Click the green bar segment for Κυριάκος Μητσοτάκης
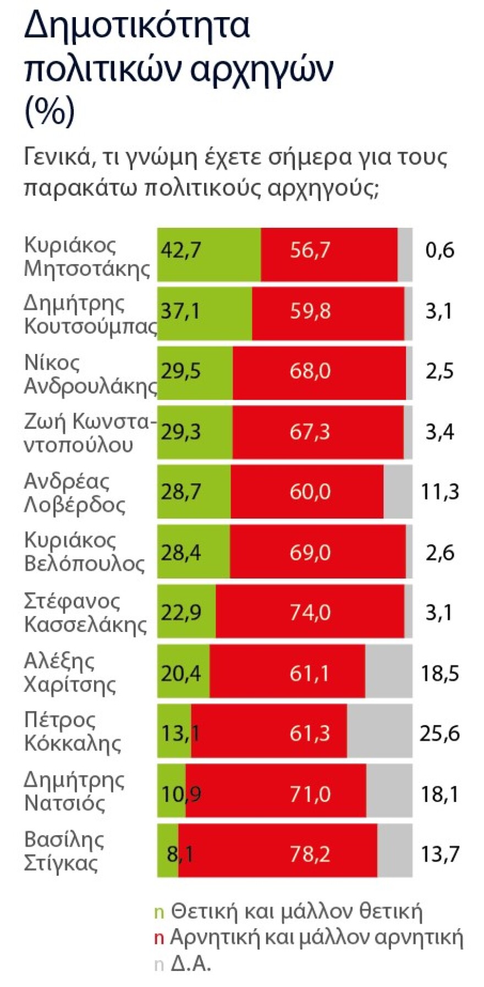tap(209, 254)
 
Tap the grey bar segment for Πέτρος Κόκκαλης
tap(380, 730)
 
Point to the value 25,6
tap(439, 733)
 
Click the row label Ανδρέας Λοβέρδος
tap(75, 493)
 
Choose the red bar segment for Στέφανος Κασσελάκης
tap(310, 611)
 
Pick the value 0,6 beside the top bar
tap(439, 250)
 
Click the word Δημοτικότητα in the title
tap(137, 25)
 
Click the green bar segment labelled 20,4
tap(183, 671)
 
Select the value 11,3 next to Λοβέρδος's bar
tap(439, 491)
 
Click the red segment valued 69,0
tap(317, 551)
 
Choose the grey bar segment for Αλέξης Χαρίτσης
tap(388, 671)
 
